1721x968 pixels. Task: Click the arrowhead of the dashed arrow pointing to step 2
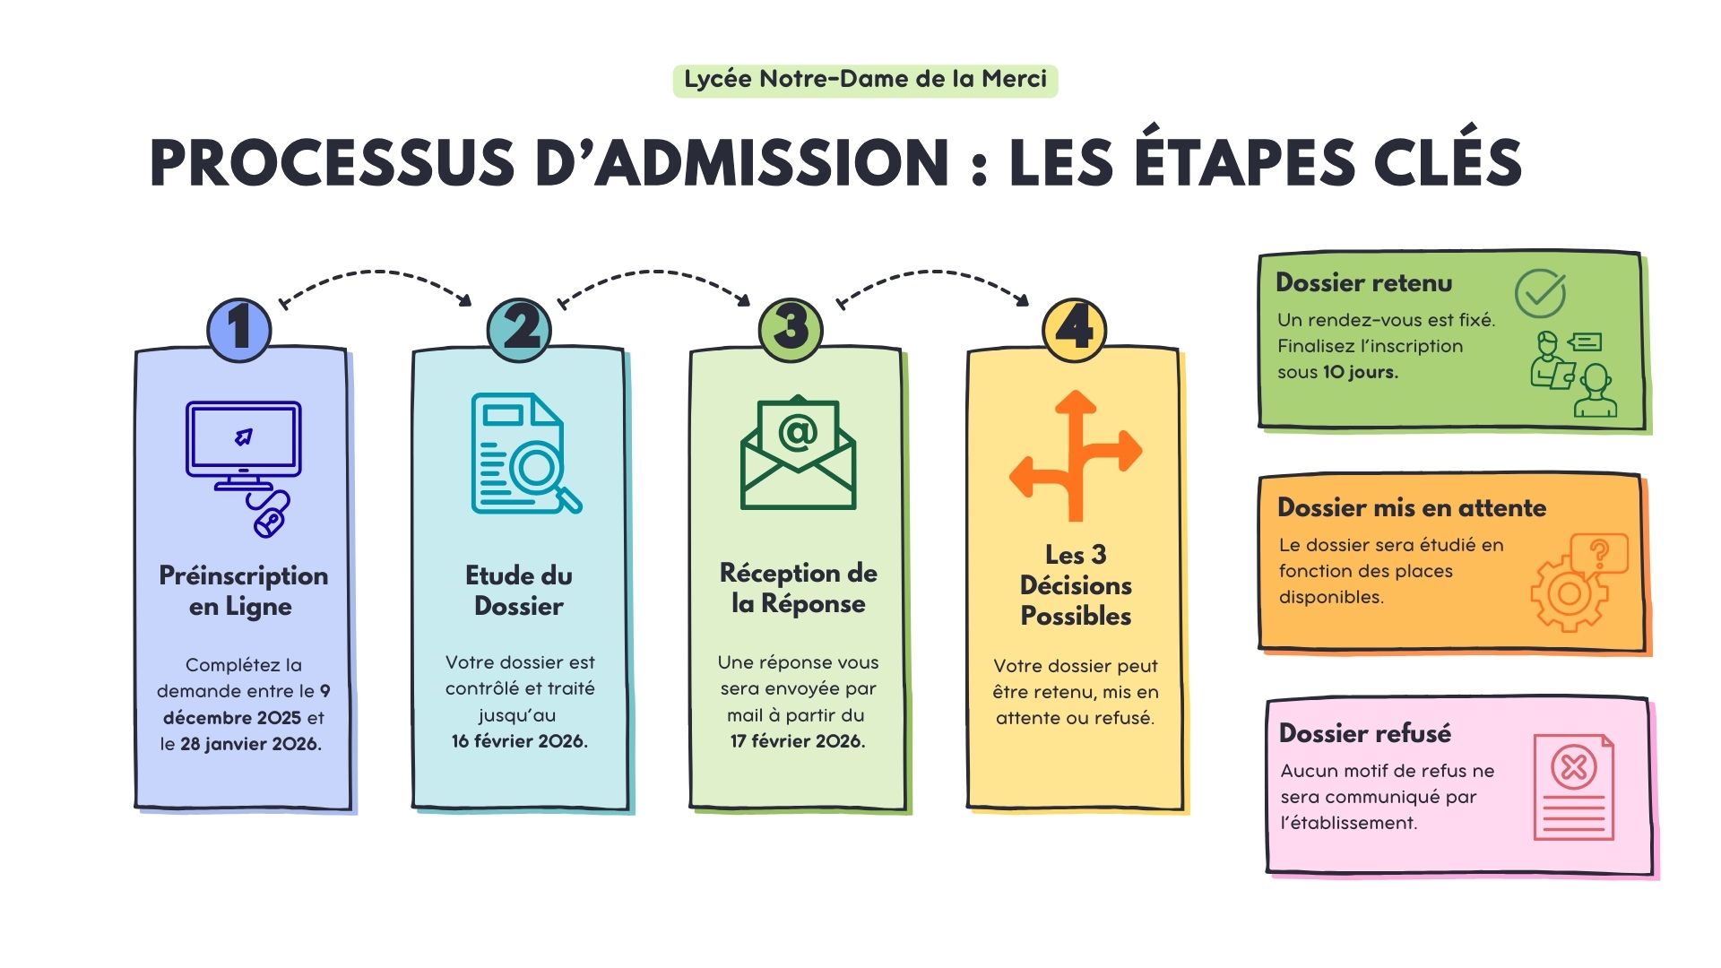465,299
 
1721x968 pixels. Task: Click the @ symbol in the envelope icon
797,433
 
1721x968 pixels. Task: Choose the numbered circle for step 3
791,329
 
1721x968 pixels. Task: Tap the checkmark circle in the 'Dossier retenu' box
1540,293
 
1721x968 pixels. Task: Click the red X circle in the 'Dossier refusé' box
1574,767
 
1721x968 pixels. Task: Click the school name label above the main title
865,80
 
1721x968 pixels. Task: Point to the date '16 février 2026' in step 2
520,741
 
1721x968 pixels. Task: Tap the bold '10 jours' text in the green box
1361,372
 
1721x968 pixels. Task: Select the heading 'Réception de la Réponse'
799,588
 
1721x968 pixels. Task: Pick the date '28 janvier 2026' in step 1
250,744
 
